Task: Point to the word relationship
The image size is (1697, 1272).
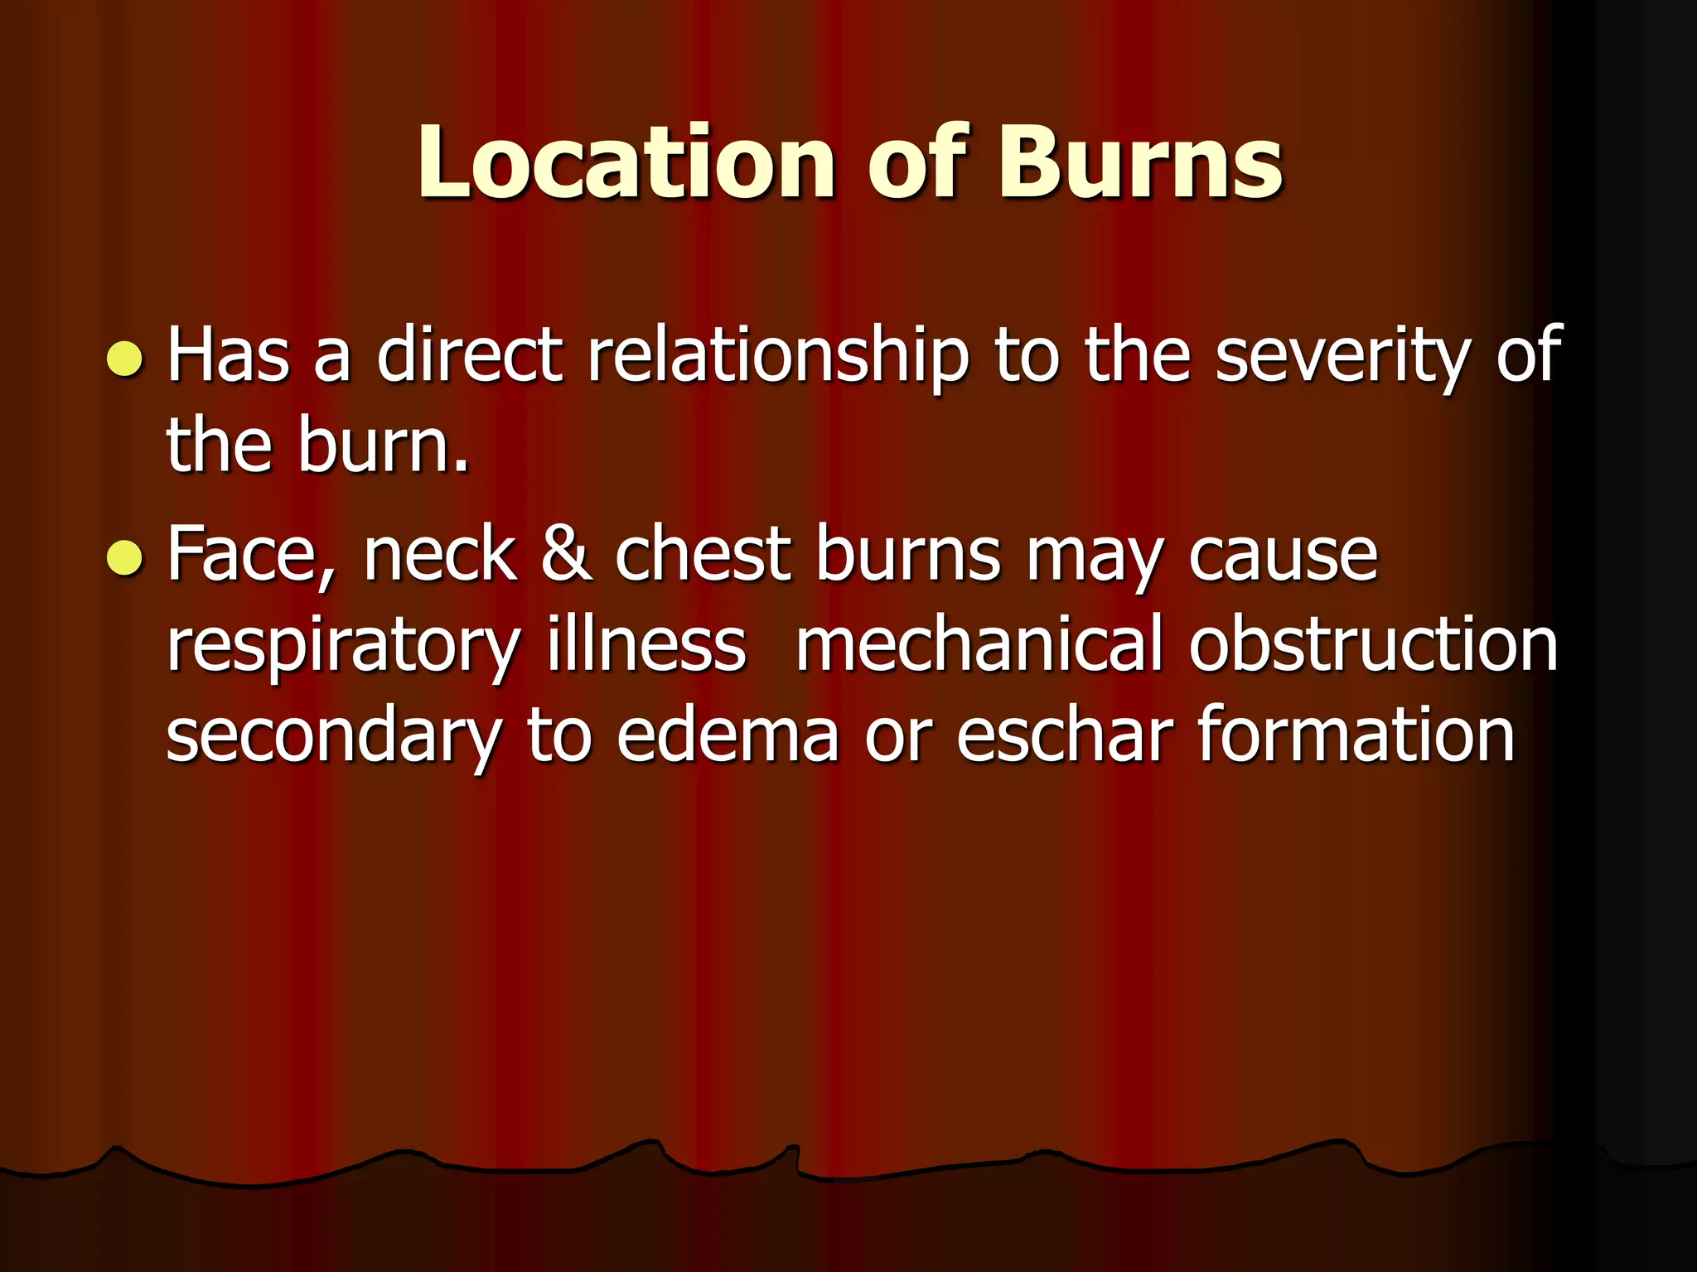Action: (777, 356)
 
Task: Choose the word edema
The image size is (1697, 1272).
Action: (728, 735)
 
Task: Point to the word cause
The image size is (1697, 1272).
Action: (1284, 555)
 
